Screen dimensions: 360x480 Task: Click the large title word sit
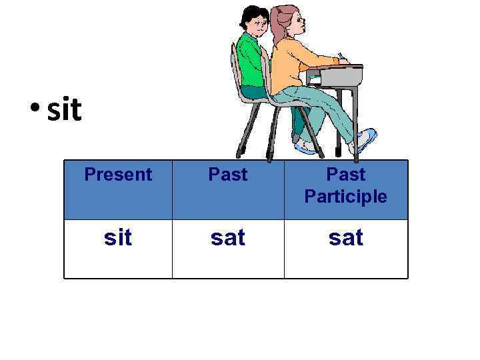(x=65, y=110)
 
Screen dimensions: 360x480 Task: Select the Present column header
(x=118, y=175)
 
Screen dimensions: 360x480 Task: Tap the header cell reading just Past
(x=228, y=175)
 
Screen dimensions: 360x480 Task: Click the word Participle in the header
(x=345, y=197)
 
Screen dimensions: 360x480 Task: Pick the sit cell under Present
(x=118, y=237)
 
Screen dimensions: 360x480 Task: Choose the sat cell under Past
(x=228, y=237)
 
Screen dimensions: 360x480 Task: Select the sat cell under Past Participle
(x=345, y=237)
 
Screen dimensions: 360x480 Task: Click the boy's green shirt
(x=251, y=60)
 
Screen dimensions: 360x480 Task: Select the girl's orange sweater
(x=293, y=67)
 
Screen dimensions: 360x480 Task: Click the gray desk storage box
(x=341, y=78)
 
